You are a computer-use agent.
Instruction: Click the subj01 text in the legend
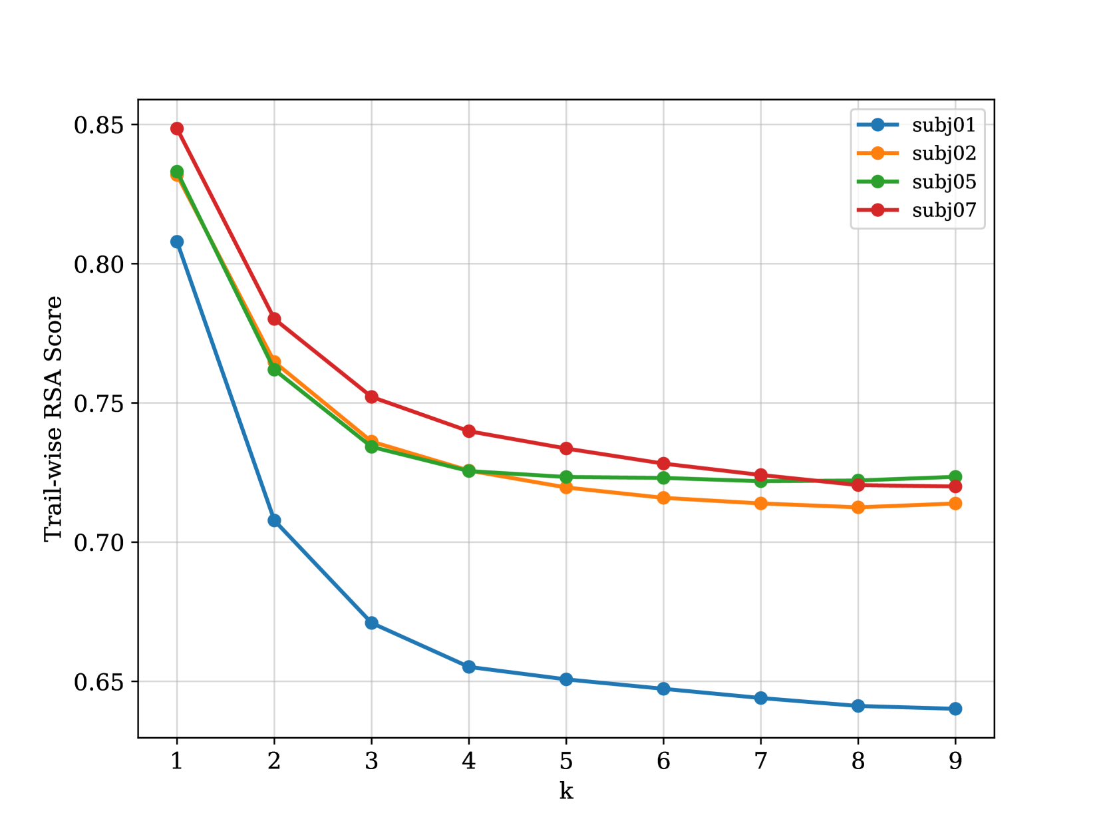943,125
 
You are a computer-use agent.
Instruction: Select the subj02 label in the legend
943,154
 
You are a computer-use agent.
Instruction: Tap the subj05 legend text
943,182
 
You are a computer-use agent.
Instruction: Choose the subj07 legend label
943,210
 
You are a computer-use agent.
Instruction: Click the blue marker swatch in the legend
877,124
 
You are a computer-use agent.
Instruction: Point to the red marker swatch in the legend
877,210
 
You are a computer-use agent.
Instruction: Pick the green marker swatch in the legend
877,181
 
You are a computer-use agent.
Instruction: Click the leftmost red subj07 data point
177,129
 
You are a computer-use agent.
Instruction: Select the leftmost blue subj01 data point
177,242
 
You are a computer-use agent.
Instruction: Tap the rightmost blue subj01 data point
955,709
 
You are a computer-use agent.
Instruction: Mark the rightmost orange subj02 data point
955,504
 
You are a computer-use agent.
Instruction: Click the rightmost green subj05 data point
955,476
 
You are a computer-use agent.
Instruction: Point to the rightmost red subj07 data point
955,486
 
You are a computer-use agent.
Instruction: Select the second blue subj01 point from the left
274,520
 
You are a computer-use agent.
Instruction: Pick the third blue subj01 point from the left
372,623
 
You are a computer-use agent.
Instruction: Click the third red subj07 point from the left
372,397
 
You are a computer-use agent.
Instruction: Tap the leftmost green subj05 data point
177,172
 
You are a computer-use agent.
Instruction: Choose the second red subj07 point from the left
274,319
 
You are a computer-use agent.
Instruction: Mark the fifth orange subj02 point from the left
566,488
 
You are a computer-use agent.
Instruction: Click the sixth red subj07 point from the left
663,464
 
